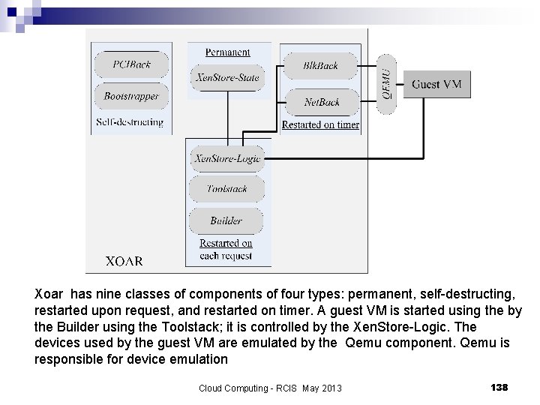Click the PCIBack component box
[x=131, y=64]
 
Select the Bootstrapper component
[x=131, y=97]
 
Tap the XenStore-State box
[x=227, y=77]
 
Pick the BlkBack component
[x=321, y=66]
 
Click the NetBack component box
[x=321, y=102]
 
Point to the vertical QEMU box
[x=386, y=84]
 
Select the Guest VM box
[x=436, y=84]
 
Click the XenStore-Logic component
[x=226, y=158]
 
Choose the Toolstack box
[x=226, y=189]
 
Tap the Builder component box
[x=226, y=220]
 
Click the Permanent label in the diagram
[x=228, y=52]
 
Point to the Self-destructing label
[x=130, y=122]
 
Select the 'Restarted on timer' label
[x=320, y=125]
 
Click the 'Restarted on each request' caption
[x=226, y=250]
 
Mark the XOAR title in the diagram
[x=124, y=262]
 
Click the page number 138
[x=499, y=387]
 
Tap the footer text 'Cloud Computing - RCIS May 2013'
[x=270, y=388]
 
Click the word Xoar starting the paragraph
[x=49, y=295]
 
